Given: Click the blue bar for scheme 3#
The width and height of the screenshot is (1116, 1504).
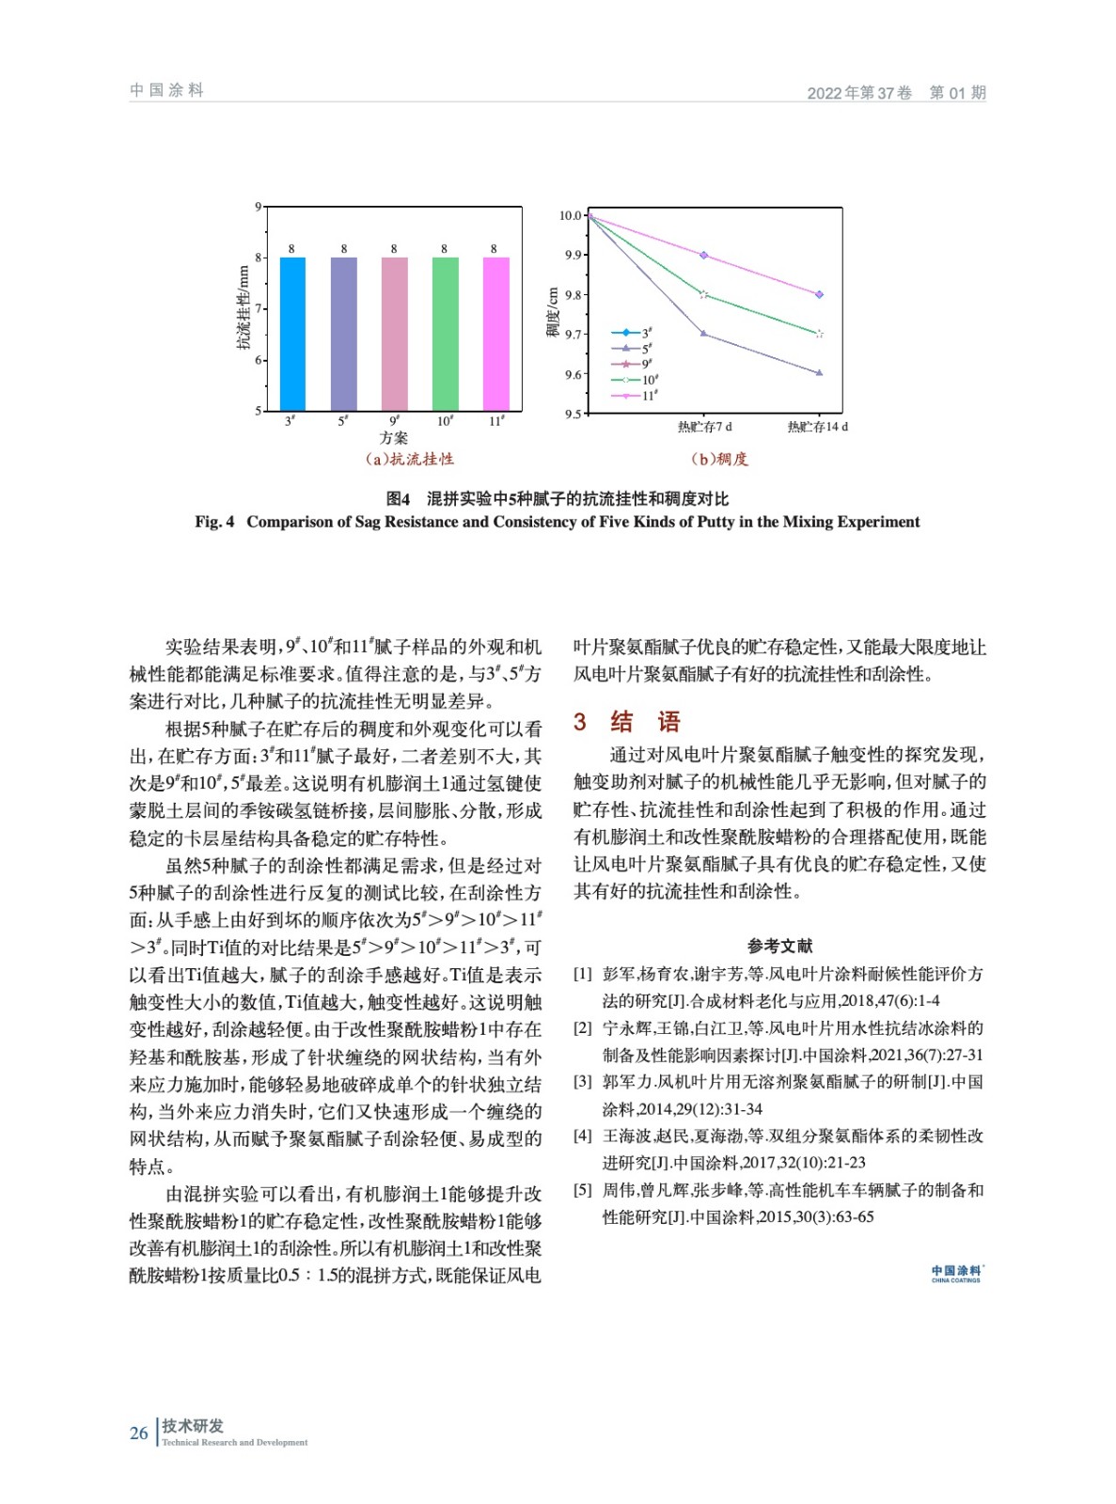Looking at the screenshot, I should pos(291,333).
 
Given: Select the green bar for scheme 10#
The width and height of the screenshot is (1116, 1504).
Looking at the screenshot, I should pos(445,333).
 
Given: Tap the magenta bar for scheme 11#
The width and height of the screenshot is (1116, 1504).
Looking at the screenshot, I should pos(495,333).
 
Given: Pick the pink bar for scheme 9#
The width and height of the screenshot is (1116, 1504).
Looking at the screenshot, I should pos(394,333).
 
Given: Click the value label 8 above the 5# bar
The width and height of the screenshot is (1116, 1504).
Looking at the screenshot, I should pos(344,249).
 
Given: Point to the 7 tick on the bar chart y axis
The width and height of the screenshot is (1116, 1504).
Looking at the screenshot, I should pos(259,308).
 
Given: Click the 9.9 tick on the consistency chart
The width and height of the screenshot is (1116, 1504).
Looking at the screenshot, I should pos(573,255).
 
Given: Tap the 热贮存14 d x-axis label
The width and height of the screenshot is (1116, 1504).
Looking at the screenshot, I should pos(817,427).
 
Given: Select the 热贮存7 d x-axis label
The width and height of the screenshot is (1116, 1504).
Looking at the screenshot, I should pos(704,427).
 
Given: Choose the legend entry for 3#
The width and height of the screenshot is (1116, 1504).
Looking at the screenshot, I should pos(634,333).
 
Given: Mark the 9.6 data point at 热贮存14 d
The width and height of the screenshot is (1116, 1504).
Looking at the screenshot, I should pos(819,373).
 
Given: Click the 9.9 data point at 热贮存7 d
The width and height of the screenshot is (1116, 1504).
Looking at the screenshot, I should pos(704,255).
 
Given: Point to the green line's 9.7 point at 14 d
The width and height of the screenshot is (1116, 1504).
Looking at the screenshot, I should pos(819,334).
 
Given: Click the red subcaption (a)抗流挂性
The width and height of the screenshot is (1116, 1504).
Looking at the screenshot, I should pos(409,459).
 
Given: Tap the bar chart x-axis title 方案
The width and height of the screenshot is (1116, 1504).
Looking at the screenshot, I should pos(393,438).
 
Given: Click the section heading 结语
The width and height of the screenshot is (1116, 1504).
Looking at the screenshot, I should pos(644,722).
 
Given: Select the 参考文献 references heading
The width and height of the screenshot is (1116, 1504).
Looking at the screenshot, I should pos(779,946).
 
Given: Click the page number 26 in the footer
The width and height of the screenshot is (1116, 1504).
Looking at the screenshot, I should pos(139,1433).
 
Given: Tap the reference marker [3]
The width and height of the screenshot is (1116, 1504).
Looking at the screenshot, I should pos(583,1082).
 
